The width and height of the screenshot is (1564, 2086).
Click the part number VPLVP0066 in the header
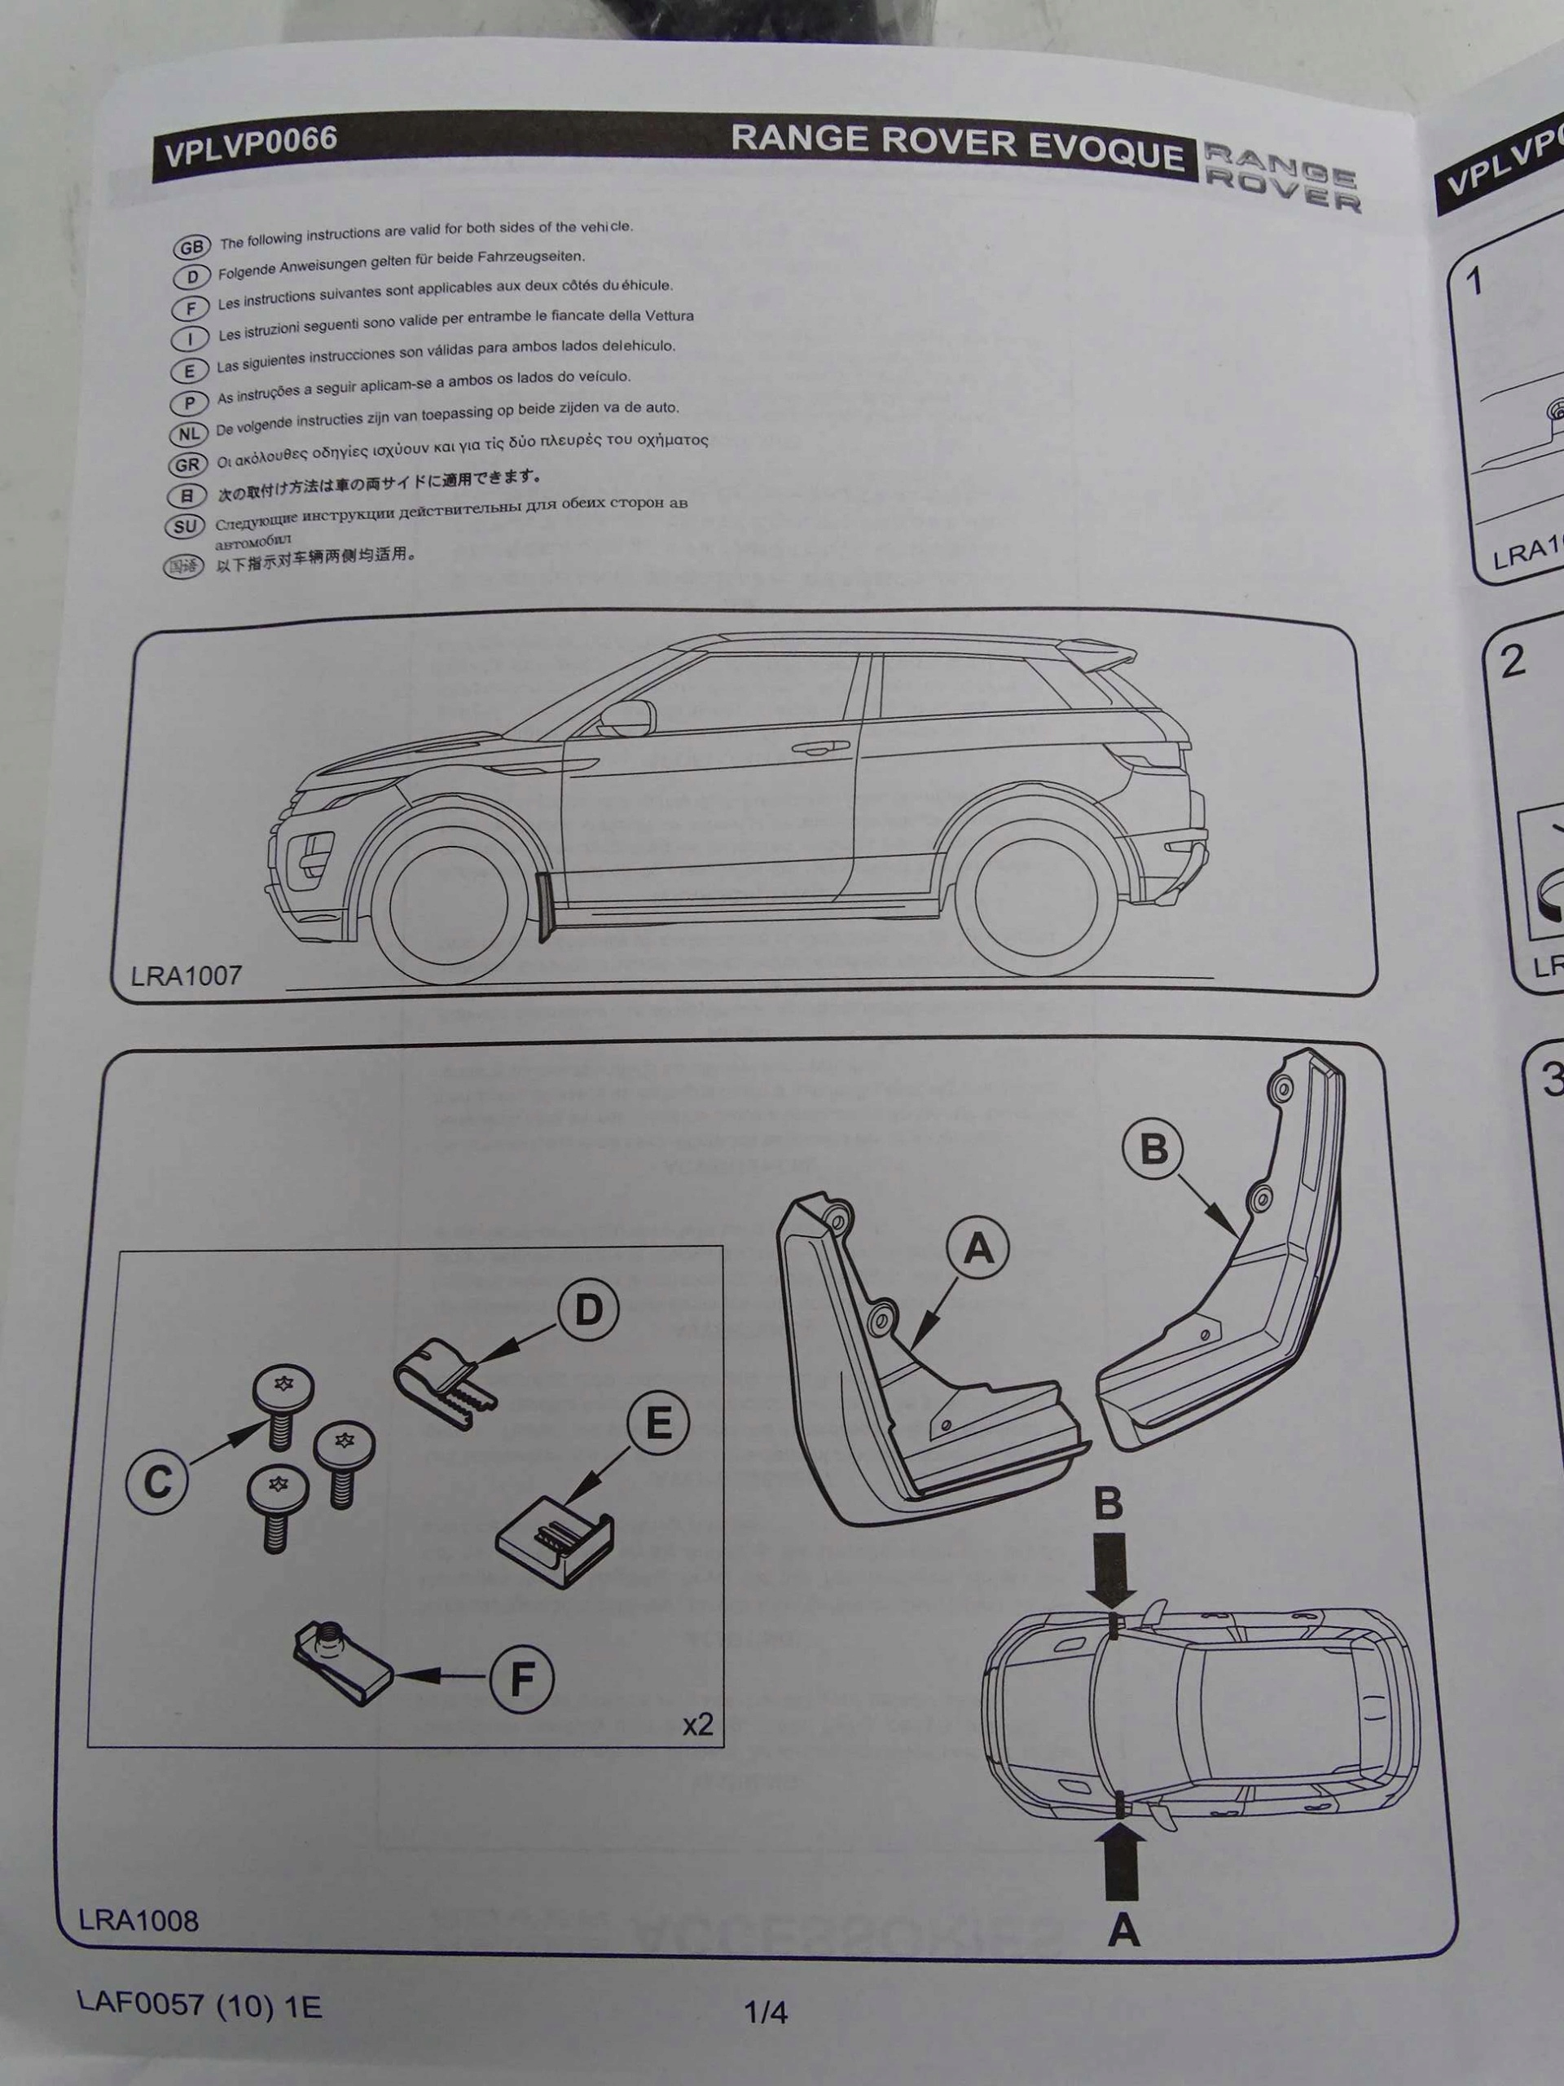click(251, 144)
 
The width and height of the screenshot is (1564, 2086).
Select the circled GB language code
click(191, 247)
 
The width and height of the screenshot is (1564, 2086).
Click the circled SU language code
click(187, 527)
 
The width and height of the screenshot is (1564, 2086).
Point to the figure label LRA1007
click(187, 975)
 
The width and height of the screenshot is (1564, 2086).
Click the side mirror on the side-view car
click(627, 714)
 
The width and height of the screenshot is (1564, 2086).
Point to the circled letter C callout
click(156, 1482)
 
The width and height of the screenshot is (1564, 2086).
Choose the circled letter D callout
click(587, 1311)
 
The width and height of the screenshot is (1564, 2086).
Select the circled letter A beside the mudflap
click(978, 1249)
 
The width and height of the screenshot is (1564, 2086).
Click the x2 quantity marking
click(697, 1725)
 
